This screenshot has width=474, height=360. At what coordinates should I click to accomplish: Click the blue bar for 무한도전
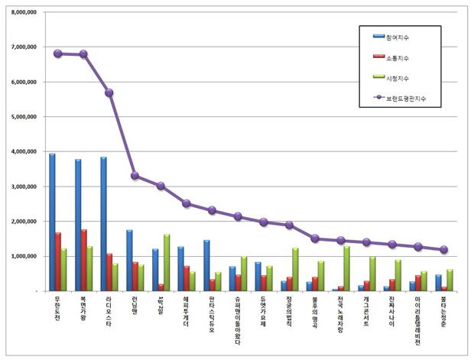52,222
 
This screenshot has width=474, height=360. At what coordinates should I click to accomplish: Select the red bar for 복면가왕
83,260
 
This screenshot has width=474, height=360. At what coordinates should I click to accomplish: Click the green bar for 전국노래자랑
347,268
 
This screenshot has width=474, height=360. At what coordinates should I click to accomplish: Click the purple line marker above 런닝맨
135,176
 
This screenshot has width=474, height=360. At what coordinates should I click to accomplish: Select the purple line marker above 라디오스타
109,92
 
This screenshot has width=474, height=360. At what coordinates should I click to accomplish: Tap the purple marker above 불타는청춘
444,249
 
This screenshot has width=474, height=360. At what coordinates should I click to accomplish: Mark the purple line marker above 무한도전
58,54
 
